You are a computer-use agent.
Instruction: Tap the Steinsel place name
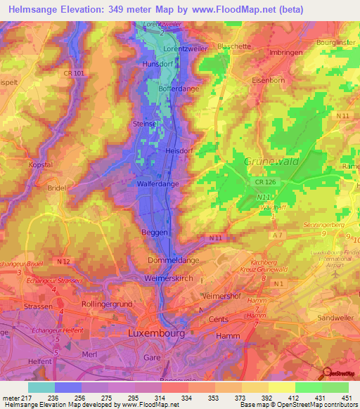[x=143, y=124]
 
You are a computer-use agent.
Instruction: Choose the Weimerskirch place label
[x=169, y=279]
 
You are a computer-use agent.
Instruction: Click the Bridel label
[x=56, y=188]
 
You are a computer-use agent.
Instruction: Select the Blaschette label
[x=234, y=46]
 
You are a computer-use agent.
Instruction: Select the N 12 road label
[x=64, y=262]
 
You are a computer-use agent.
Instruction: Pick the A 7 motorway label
[x=278, y=235]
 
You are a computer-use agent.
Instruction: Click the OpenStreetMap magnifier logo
[x=327, y=373]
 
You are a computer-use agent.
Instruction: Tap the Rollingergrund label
[x=108, y=304]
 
